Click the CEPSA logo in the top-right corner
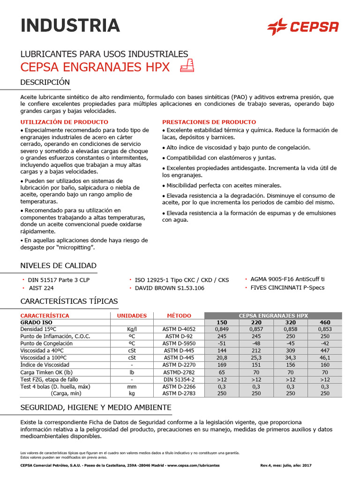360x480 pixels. click(302, 27)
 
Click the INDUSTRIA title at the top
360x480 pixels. click(70, 25)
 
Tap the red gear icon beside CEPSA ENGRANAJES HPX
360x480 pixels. click(187, 66)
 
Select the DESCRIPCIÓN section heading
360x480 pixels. click(45, 82)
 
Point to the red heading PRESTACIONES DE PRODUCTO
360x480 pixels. click(209, 122)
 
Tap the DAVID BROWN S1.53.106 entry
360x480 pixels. click(169, 288)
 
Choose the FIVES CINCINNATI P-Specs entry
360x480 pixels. click(287, 287)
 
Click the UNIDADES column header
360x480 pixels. click(132, 315)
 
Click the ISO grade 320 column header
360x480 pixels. click(291, 322)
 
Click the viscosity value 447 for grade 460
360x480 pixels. click(325, 350)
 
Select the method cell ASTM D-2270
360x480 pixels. click(179, 365)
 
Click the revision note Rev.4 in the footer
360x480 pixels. click(267, 465)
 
